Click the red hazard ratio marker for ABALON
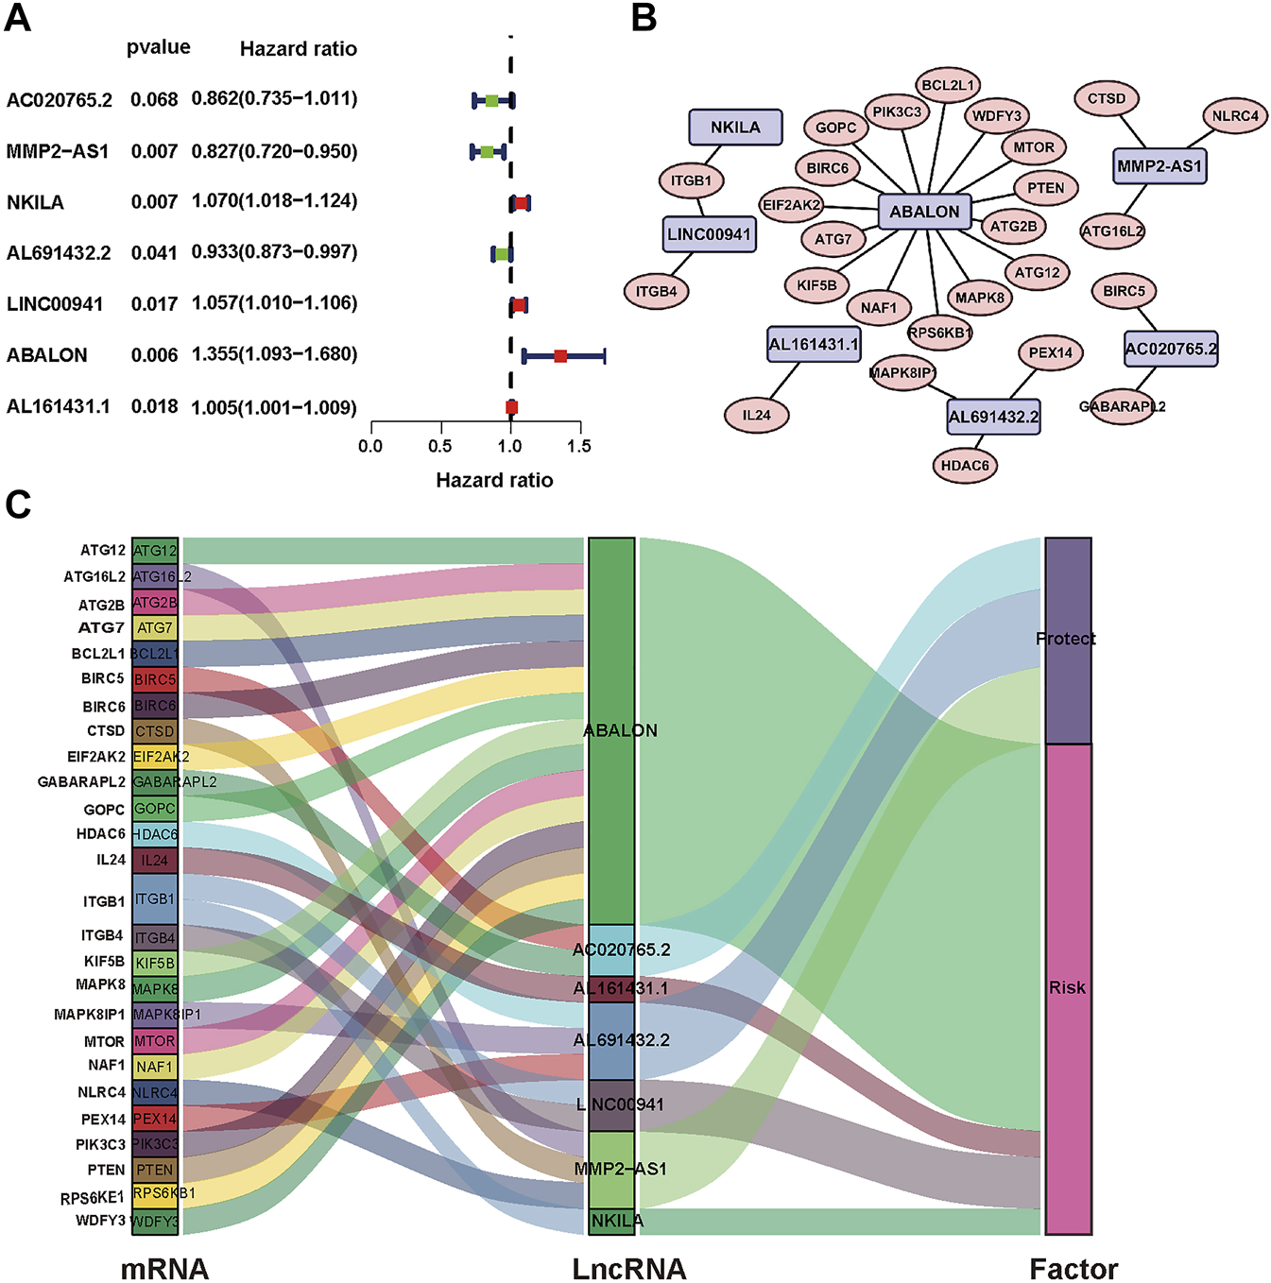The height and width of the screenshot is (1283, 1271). (560, 356)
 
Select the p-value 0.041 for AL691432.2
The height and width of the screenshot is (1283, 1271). (154, 253)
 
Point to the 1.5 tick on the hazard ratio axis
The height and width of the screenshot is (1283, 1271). (580, 445)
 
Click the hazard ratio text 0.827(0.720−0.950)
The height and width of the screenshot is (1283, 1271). (274, 151)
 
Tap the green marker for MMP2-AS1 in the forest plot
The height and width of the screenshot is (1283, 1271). (487, 152)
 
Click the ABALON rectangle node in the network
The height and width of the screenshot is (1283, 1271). (924, 212)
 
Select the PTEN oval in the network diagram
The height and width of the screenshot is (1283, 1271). (1045, 188)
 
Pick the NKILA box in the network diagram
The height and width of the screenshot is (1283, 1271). (735, 128)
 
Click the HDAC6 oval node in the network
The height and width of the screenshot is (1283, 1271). (965, 465)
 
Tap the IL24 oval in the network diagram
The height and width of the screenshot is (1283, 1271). (756, 415)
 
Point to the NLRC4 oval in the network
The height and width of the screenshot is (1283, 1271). (1235, 116)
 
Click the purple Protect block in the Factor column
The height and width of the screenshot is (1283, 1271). (1068, 641)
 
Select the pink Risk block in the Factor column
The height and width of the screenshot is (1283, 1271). (1068, 988)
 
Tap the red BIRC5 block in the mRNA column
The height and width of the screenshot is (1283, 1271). (155, 679)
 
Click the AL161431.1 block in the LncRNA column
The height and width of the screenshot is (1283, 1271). (611, 989)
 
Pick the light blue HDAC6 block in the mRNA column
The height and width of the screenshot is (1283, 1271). (155, 834)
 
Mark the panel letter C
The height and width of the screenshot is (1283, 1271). (18, 505)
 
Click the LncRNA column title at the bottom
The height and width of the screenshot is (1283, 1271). (629, 1268)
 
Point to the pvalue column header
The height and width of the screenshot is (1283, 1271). (158, 47)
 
